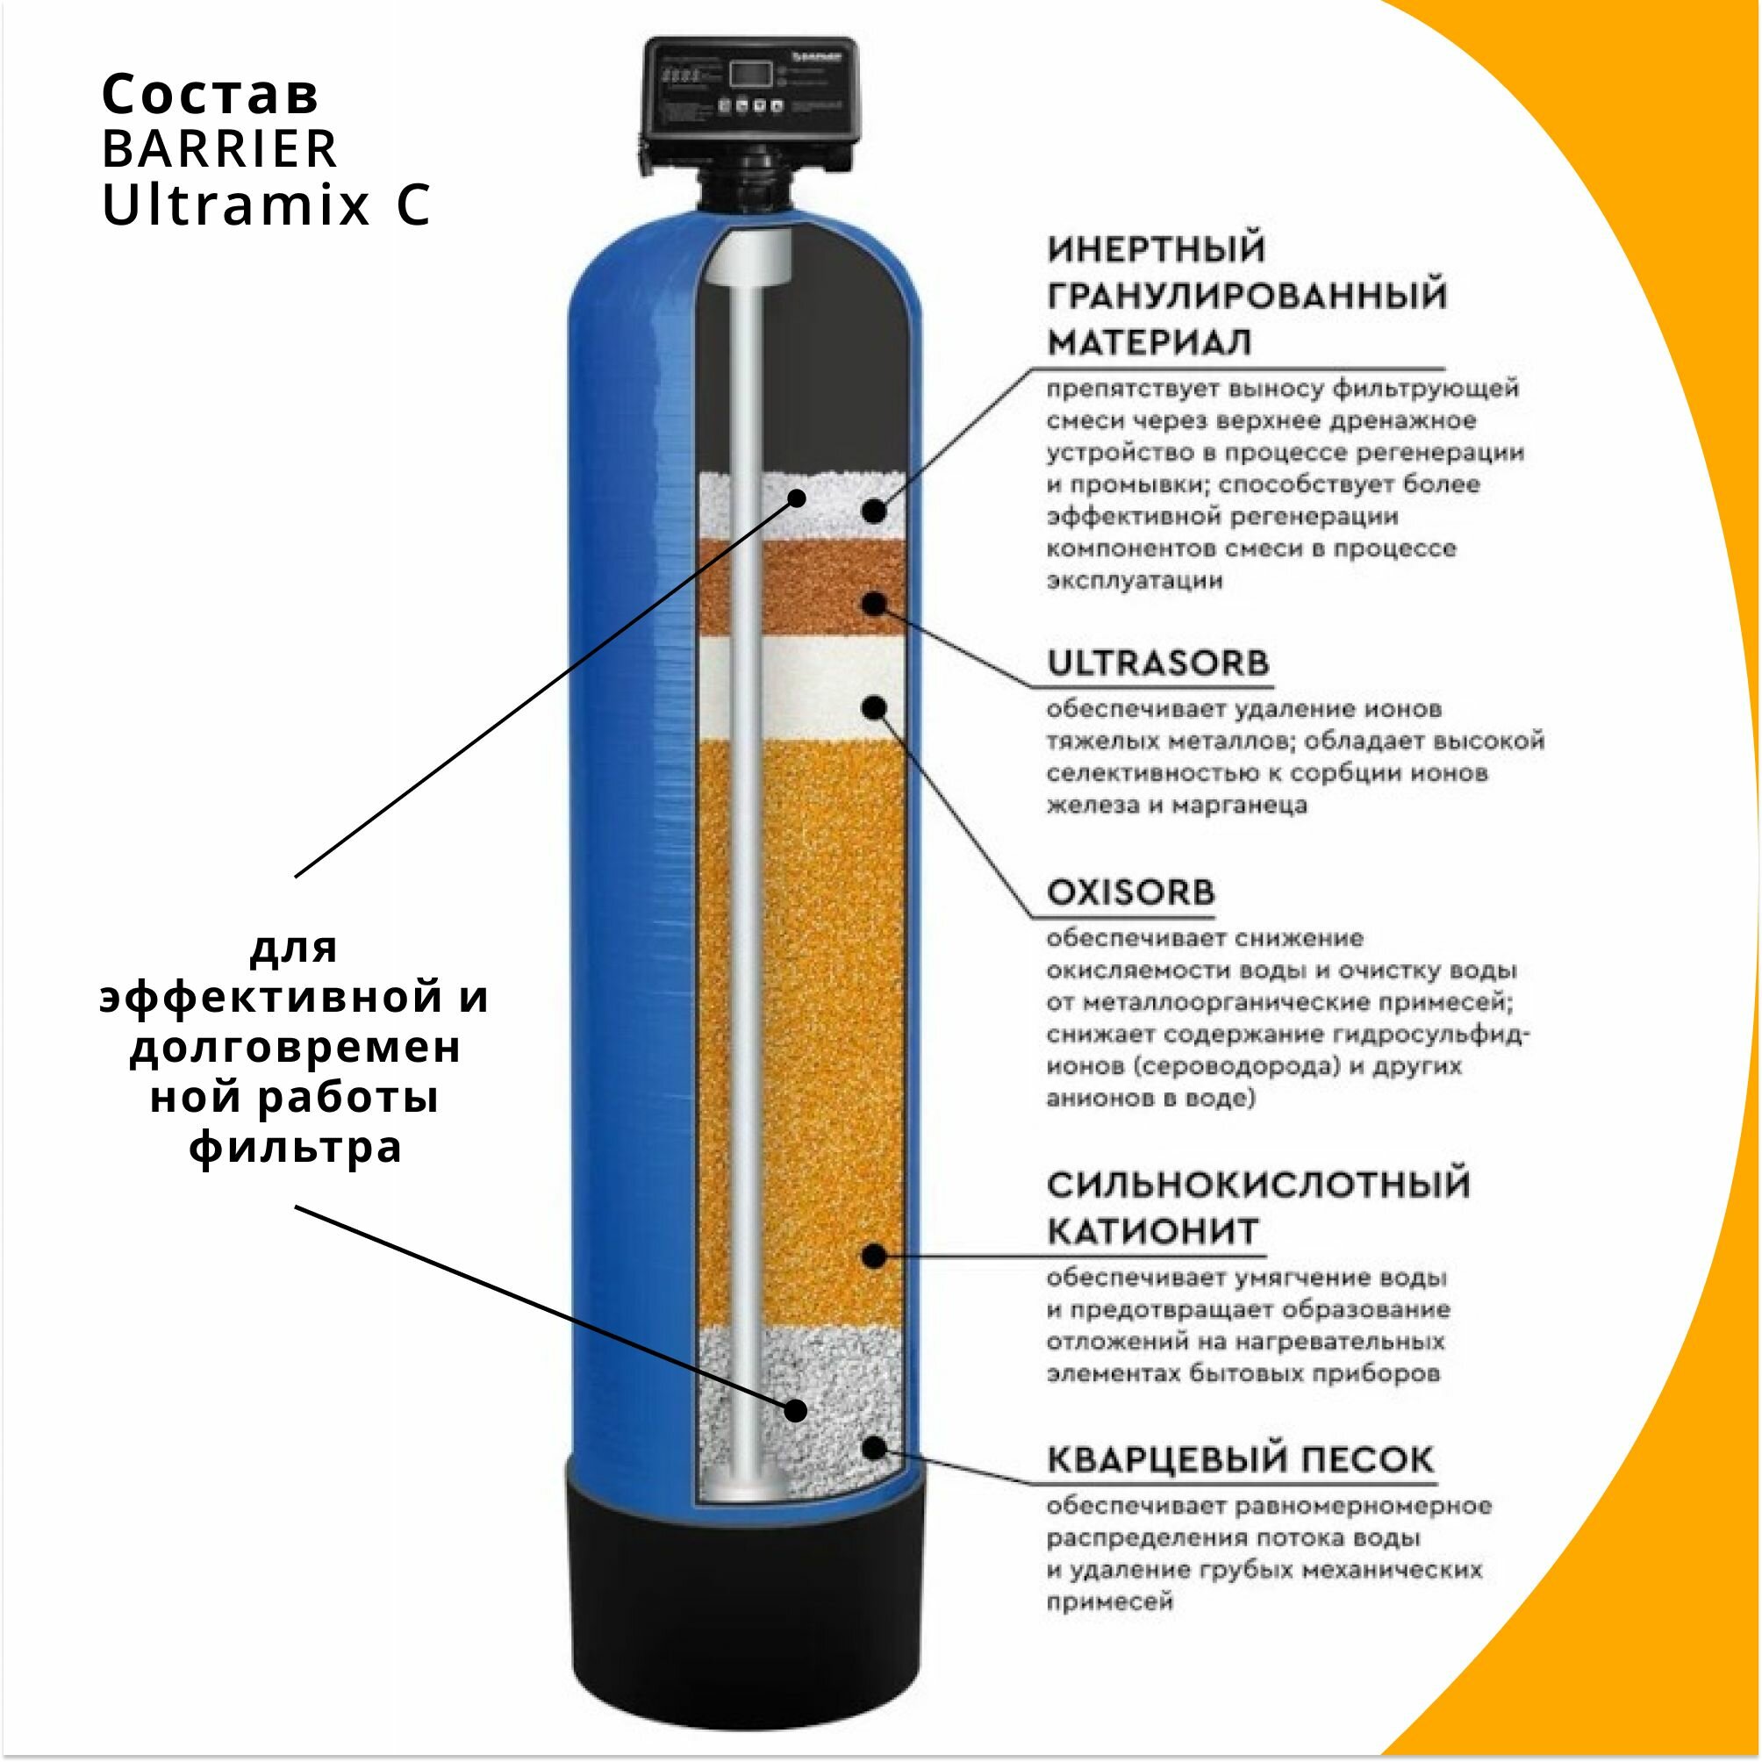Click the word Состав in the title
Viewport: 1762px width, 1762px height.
click(x=211, y=94)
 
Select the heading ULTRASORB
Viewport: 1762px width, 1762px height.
click(x=1158, y=663)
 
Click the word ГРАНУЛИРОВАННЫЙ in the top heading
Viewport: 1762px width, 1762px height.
click(x=1248, y=297)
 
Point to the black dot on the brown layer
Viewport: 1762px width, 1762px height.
click(x=875, y=604)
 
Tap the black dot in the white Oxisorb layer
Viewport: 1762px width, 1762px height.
click(x=875, y=708)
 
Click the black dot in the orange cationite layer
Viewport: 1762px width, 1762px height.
click(x=874, y=1257)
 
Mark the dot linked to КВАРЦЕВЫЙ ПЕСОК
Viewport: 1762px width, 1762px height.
click(x=874, y=1447)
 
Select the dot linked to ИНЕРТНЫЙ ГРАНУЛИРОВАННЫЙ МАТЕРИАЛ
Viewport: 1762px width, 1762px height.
click(x=874, y=511)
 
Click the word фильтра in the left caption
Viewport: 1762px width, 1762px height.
click(x=296, y=1146)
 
